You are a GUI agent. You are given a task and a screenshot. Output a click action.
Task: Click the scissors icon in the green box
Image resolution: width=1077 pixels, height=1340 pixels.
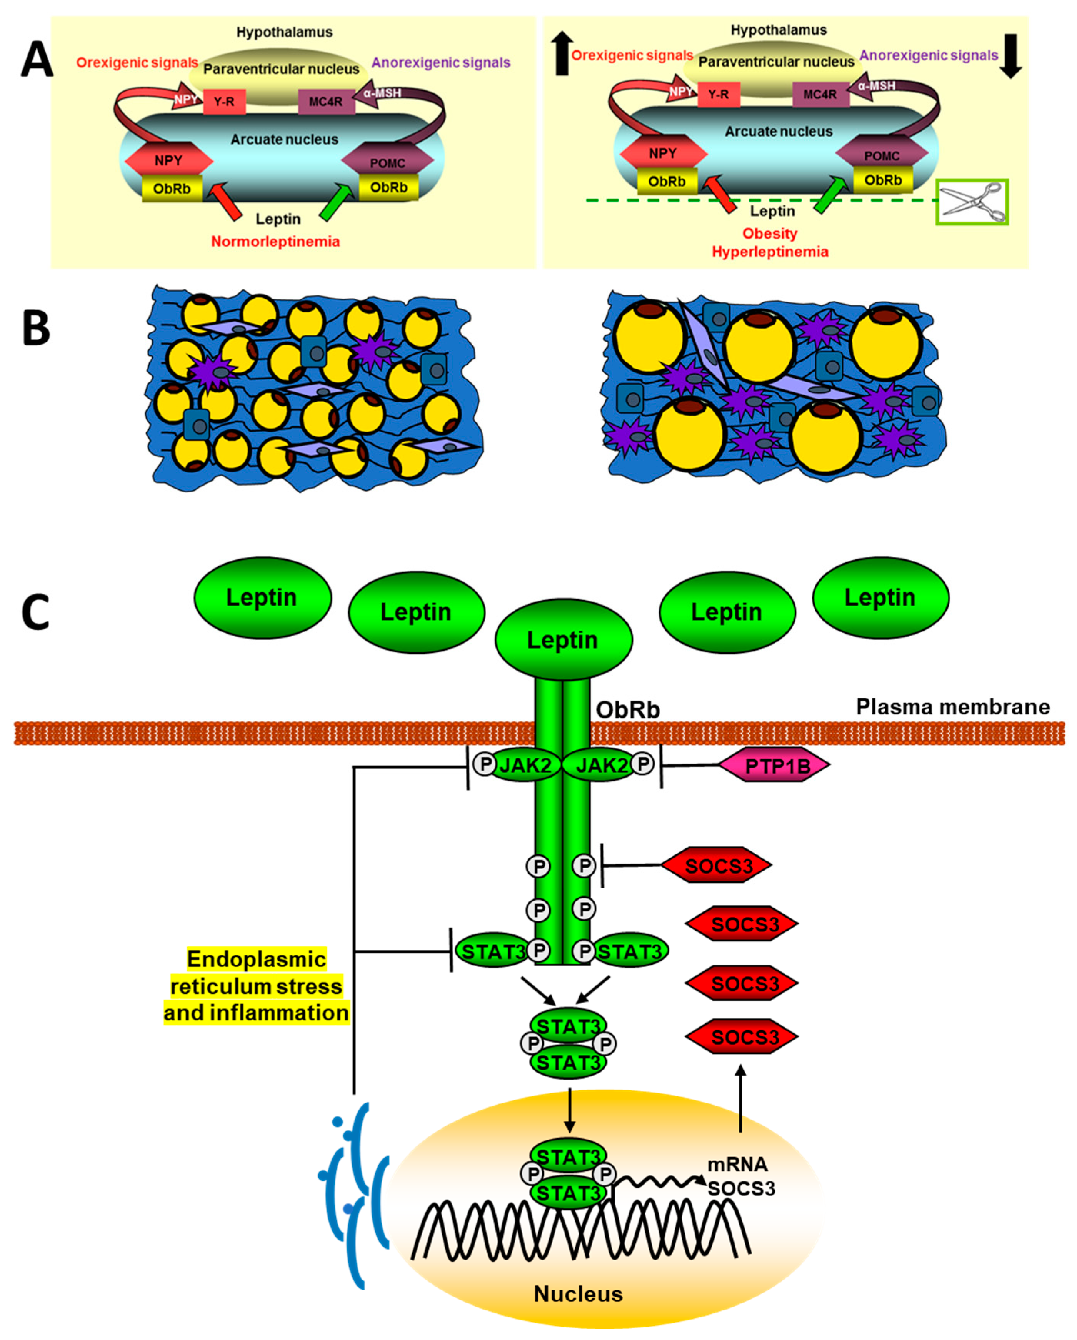(x=973, y=202)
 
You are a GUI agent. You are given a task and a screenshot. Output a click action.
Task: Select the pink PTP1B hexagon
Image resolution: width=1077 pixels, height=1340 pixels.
(x=775, y=766)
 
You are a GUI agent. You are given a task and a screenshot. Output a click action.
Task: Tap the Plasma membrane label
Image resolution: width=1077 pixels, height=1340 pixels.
(x=953, y=707)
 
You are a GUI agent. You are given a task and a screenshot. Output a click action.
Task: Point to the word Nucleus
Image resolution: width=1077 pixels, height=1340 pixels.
(x=578, y=1294)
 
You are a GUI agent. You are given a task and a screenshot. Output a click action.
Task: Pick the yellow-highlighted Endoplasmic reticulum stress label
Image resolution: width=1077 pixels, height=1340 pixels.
(x=256, y=986)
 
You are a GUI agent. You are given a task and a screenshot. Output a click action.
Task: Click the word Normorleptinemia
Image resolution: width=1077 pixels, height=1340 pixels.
(x=275, y=242)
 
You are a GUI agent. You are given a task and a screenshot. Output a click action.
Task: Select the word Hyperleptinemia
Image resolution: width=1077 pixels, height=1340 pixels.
(x=770, y=252)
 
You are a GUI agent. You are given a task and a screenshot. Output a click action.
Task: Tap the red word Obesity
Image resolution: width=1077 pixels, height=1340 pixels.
(x=770, y=234)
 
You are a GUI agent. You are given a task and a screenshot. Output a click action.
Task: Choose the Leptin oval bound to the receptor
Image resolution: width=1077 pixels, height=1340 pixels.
(x=563, y=639)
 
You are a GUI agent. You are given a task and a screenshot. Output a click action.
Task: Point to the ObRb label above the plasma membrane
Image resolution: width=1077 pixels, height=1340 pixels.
(x=628, y=709)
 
